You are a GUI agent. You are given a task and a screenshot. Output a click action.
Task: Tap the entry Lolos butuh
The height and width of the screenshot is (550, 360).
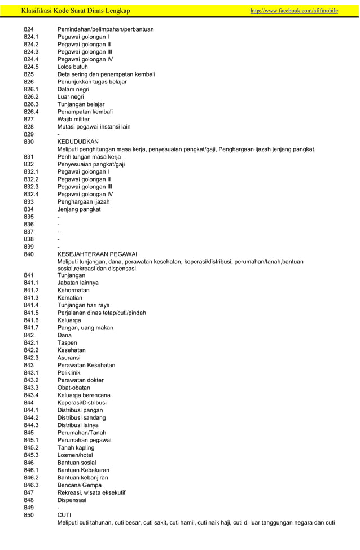72,67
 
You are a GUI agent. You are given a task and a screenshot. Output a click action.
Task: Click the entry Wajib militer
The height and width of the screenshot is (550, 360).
74,119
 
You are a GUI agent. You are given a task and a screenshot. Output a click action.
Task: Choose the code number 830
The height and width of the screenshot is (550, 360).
29,142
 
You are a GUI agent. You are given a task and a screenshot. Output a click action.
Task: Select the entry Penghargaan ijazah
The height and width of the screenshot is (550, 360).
84,201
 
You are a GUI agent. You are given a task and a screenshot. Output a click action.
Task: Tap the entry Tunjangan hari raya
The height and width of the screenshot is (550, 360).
84,305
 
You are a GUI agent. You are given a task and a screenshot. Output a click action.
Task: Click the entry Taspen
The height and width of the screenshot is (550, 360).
67,342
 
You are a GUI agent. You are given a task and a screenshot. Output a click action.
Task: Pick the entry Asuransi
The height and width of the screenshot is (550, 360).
71,358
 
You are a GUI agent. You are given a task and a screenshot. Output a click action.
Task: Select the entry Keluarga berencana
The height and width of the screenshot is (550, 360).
84,395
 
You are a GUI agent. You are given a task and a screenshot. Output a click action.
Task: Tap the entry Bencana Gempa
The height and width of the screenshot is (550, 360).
79,485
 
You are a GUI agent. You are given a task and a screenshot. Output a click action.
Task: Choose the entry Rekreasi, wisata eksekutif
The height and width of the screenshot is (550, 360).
91,492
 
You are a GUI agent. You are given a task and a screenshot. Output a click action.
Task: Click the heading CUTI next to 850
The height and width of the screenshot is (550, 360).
64,514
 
